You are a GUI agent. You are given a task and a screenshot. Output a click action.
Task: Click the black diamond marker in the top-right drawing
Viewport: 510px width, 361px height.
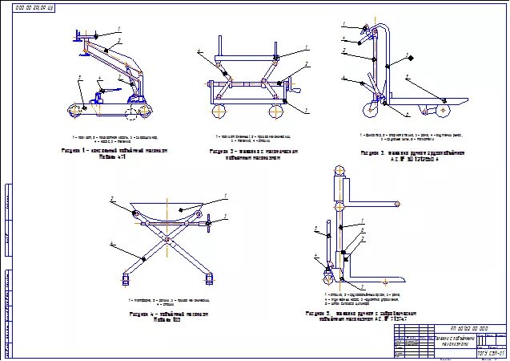tap(408, 58)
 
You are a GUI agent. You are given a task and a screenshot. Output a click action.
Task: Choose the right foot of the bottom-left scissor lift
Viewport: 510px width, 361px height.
tap(211, 279)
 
